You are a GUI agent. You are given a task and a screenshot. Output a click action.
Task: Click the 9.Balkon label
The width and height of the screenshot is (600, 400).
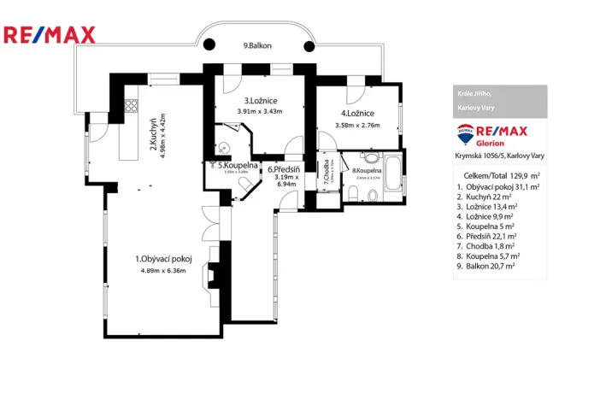[x=256, y=46]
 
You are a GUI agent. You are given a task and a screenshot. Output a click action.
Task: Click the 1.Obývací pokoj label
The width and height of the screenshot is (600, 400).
[x=162, y=259]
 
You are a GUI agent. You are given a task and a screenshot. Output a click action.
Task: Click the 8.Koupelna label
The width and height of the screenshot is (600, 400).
[x=367, y=171]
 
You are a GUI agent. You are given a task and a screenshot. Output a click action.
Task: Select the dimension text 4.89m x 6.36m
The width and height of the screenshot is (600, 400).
[x=162, y=271]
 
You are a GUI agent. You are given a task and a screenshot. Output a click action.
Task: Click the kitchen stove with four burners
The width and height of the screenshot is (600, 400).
[x=132, y=107]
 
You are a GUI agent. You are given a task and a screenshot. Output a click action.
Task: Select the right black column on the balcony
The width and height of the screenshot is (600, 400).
[x=309, y=47]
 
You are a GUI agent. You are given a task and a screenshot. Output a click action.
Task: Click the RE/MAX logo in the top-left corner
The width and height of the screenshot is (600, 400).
[x=50, y=35]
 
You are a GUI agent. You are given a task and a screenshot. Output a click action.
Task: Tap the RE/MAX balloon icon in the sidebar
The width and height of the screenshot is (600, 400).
[x=466, y=135]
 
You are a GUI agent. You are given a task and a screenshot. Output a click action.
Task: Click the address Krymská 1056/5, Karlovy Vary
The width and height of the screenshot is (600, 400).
[x=499, y=156]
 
